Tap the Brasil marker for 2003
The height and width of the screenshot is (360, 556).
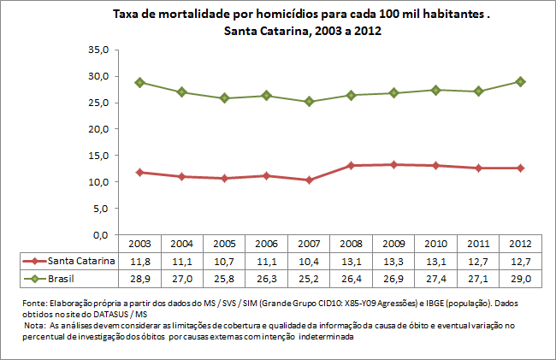[139, 83]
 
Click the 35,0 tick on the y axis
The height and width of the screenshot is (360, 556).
[98, 50]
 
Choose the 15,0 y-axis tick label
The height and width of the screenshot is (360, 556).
[98, 156]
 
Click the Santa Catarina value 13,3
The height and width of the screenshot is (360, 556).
[393, 260]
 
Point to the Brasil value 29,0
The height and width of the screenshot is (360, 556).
[519, 277]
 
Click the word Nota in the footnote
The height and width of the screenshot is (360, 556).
[35, 326]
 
